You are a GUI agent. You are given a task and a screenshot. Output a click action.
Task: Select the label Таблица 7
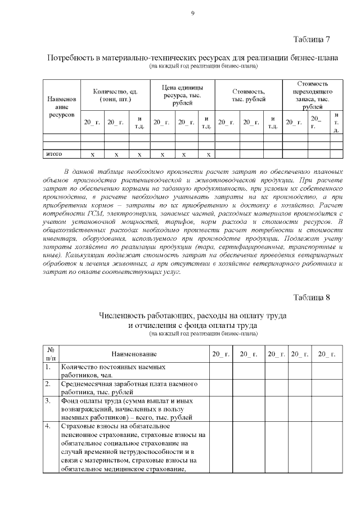pyautogui.click(x=311, y=39)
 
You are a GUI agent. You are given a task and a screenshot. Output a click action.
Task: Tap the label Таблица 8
pyautogui.click(x=311, y=297)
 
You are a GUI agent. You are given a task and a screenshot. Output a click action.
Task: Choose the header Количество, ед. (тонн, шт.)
pyautogui.click(x=115, y=95)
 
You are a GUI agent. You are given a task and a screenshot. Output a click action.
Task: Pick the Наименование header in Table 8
pyautogui.click(x=133, y=354)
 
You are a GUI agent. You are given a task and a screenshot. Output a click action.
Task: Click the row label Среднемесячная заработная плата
pyautogui.click(x=128, y=388)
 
